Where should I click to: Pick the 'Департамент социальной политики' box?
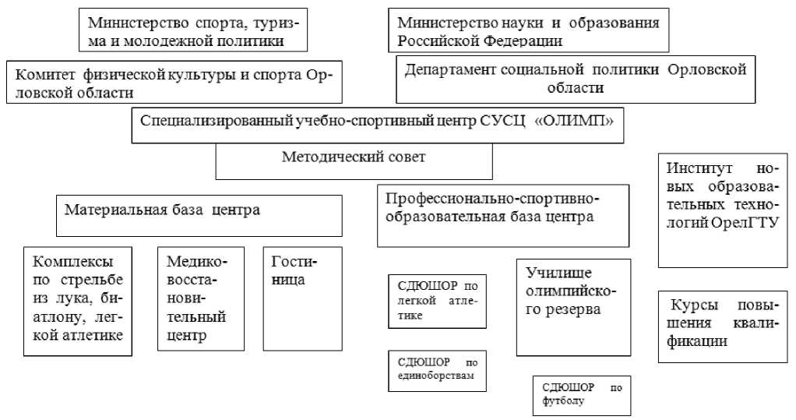576,78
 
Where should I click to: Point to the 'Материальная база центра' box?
199,214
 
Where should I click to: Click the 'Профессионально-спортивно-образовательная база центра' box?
503,214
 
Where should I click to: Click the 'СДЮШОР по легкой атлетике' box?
438,300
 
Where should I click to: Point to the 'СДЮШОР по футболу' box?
581,395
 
